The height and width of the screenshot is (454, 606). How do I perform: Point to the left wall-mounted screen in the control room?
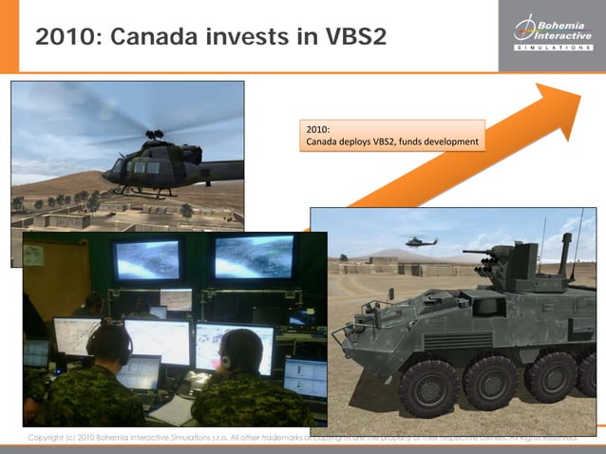147,258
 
